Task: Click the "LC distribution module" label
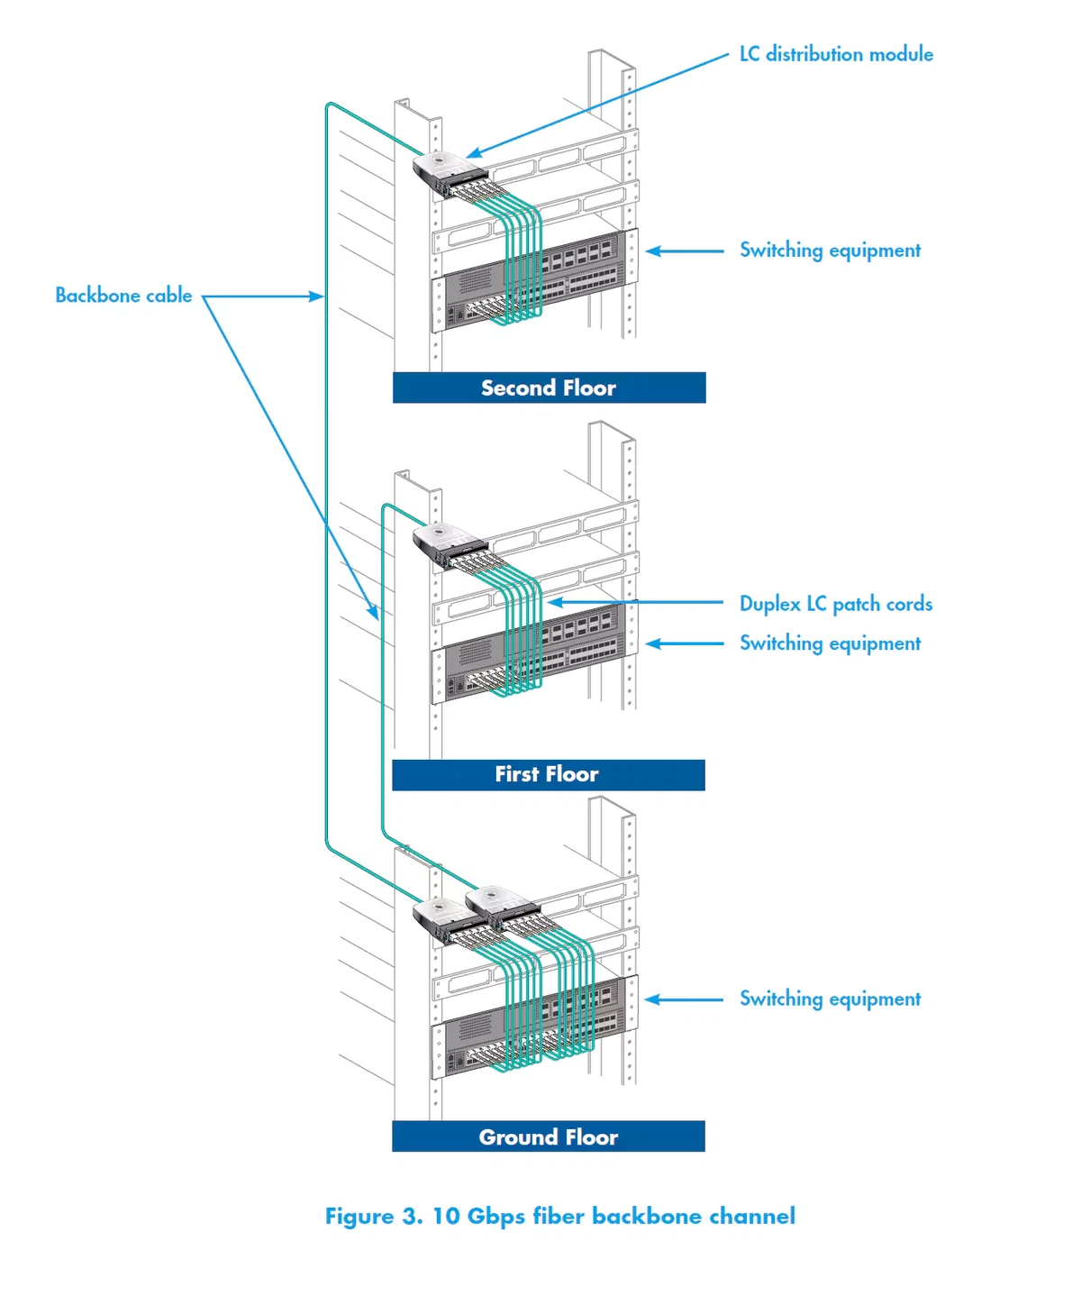pos(836,55)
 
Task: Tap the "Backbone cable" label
pos(123,296)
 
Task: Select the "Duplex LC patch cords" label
pos(835,604)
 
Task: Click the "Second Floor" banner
pos(549,388)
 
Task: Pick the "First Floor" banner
pos(548,774)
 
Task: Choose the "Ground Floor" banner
pos(548,1136)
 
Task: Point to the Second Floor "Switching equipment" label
pos(830,251)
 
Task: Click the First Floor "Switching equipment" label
pos(830,643)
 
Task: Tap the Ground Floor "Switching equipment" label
pos(830,999)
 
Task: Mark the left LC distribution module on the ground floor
pos(443,915)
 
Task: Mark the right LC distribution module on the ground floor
pos(498,903)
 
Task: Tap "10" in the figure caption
pos(446,1217)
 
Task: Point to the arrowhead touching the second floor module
pos(474,154)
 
